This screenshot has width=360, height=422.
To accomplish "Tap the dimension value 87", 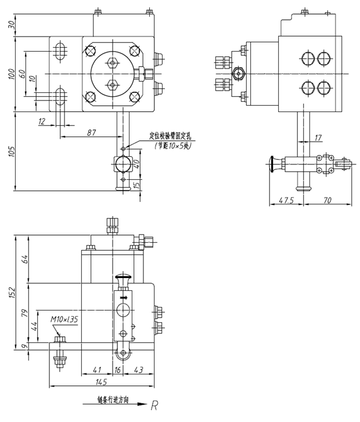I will pos(91,132).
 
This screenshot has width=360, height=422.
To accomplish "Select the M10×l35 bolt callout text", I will pos(64,319).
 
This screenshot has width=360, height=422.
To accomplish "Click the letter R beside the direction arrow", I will pos(154,406).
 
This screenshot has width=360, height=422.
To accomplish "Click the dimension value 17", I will pos(318,138).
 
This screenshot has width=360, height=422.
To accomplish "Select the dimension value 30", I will pos(10,25).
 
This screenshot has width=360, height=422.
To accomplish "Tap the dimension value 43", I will pos(138,370).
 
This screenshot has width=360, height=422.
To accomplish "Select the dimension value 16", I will pos(117,370).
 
